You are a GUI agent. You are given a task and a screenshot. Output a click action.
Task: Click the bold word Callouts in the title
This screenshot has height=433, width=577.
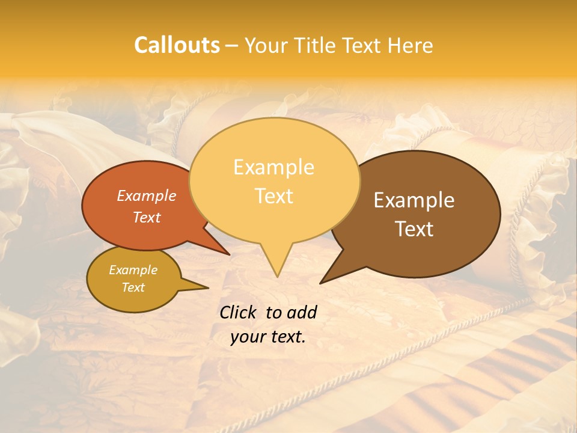click(x=177, y=45)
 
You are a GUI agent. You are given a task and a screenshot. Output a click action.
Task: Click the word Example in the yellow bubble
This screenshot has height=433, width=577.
click(x=273, y=167)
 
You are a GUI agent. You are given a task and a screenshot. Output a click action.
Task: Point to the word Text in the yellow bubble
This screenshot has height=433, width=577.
click(x=273, y=196)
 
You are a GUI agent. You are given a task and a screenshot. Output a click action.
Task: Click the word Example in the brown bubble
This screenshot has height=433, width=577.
click(x=414, y=200)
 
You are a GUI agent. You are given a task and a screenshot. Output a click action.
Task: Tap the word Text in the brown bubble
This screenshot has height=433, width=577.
click(x=414, y=229)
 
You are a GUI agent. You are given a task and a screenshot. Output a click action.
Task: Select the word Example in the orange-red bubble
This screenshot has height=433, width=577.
click(x=147, y=195)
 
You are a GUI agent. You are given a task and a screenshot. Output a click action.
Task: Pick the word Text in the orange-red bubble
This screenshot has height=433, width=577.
click(x=147, y=217)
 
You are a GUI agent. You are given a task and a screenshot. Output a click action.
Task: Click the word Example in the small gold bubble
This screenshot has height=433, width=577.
click(x=133, y=270)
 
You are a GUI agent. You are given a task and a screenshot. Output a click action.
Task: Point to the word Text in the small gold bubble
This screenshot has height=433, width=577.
click(x=133, y=287)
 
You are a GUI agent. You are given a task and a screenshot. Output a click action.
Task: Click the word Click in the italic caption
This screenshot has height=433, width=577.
click(x=239, y=312)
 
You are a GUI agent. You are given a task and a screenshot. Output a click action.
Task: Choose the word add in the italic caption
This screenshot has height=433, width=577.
click(x=302, y=312)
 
